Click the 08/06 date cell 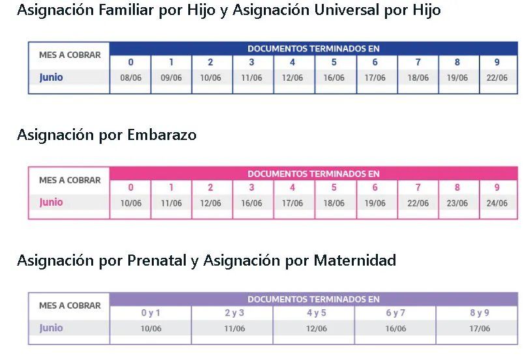pos(130,78)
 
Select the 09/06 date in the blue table pos(171,78)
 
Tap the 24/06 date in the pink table pos(496,204)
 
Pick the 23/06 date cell pos(457,204)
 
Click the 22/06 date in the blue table pos(496,78)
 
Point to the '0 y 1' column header pos(150,313)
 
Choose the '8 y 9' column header pos(479,313)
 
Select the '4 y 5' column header pos(316,313)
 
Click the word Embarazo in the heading pos(162,135)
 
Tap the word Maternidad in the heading pos(355,261)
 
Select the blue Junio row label pos(51,77)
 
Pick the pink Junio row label pos(51,202)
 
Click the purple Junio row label pos(51,328)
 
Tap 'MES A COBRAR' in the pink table pos(70,180)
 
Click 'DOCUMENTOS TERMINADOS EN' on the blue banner pos(313,49)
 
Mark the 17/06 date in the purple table pos(479,329)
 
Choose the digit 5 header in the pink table pos(334,188)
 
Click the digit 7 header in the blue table pos(418,62)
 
